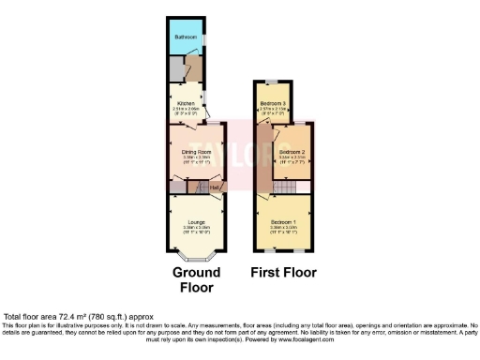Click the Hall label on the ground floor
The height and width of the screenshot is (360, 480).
215,187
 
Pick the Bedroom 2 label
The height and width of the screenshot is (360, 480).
292,152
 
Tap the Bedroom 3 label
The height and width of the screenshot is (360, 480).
272,102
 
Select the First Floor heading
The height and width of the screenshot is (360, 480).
283,273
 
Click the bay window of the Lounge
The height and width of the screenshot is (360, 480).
196,257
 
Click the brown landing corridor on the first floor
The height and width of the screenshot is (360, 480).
263,155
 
